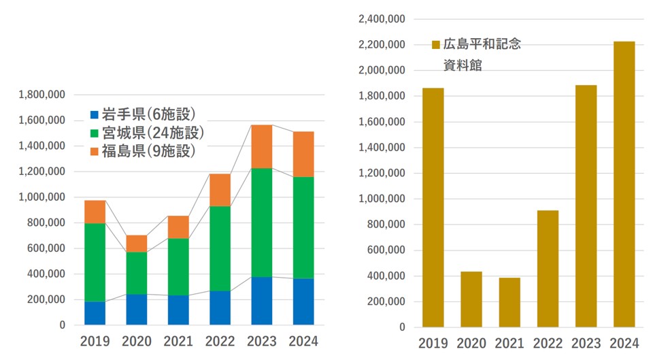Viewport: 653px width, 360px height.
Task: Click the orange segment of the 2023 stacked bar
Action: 262,146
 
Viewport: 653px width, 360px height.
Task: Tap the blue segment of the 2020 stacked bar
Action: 137,310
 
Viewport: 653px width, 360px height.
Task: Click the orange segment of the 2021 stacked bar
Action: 178,227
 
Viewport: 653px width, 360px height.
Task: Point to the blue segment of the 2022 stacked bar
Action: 220,308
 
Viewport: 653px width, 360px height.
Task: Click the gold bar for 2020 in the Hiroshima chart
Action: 471,299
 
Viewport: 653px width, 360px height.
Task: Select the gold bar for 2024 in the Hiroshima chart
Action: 624,184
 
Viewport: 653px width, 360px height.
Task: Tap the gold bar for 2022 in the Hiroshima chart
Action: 547,269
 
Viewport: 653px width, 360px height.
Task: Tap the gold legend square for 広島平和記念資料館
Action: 436,45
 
